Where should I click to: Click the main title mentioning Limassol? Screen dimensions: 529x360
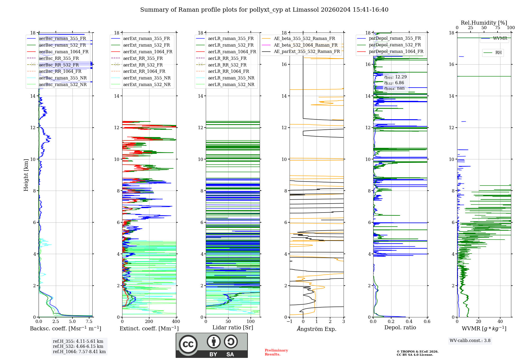tap(264, 10)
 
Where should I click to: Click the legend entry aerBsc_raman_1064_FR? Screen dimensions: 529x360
tap(63, 52)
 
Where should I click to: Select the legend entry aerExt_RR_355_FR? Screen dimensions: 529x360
tap(143, 58)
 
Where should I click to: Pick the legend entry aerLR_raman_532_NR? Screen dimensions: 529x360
tap(231, 85)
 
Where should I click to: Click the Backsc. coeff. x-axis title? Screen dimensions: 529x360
tap(66, 328)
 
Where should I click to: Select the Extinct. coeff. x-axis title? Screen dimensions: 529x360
tap(149, 328)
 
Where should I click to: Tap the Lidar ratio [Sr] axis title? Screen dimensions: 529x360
tap(233, 327)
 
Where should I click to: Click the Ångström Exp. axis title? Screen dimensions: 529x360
tap(317, 329)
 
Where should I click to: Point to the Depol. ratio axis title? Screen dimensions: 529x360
tap(400, 327)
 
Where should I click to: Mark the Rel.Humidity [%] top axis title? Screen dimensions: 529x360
tap(484, 23)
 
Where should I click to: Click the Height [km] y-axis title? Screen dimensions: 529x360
tap(26, 175)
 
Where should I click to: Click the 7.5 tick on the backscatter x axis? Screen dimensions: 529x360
tap(89, 322)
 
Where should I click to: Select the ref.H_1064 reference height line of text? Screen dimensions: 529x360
tap(79, 352)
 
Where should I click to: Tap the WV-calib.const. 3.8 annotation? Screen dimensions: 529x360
tap(470, 341)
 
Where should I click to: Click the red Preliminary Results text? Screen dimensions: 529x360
tap(276, 352)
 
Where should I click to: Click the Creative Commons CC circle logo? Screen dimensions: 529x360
tap(188, 344)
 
